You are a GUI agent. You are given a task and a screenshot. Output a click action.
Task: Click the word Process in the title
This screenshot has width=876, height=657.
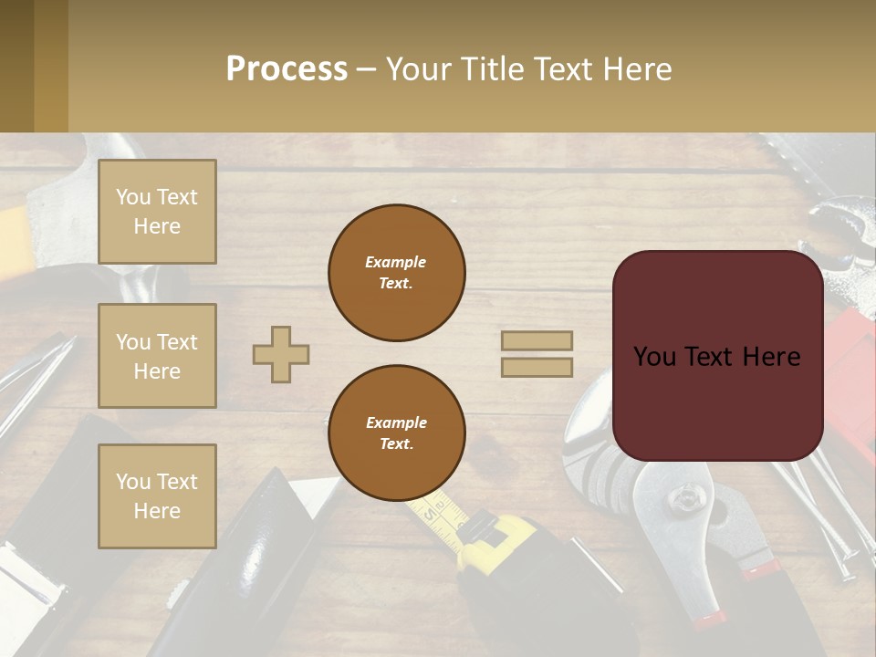tap(287, 69)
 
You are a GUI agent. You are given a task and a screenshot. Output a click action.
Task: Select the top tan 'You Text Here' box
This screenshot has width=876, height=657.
tap(157, 212)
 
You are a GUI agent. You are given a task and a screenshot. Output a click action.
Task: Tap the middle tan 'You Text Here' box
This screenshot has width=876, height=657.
tap(157, 356)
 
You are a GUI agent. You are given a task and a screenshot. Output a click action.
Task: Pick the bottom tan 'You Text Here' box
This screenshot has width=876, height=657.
tap(157, 496)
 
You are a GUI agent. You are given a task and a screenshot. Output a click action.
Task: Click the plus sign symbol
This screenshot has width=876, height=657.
tap(281, 354)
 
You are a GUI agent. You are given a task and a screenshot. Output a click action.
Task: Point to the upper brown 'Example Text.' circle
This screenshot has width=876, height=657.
tap(396, 273)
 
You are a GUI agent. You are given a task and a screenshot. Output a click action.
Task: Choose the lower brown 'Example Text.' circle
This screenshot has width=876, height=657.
tap(396, 433)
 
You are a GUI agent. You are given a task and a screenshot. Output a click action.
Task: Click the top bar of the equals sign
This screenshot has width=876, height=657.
tap(537, 340)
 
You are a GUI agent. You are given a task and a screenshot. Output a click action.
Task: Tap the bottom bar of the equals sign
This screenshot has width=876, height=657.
tap(537, 367)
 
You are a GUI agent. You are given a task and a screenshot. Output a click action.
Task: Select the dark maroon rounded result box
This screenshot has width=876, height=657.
tap(717, 356)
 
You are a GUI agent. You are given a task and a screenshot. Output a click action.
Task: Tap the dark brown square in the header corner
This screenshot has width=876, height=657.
tap(16, 66)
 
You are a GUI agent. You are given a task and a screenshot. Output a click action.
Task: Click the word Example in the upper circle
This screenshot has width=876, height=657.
tap(396, 262)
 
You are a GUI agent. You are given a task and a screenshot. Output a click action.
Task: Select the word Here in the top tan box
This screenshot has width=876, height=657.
tap(157, 226)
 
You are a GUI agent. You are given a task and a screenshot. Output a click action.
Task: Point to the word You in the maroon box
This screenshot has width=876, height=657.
tap(654, 357)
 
